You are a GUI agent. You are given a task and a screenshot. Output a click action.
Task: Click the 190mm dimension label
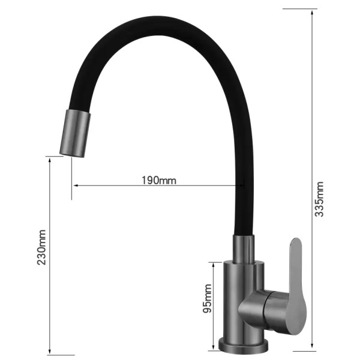[160, 179]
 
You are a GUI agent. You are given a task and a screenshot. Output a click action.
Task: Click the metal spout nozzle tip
[74, 133]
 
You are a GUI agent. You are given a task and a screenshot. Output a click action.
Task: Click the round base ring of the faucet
[244, 345]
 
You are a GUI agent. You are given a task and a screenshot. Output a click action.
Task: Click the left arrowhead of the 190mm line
[74, 185]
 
